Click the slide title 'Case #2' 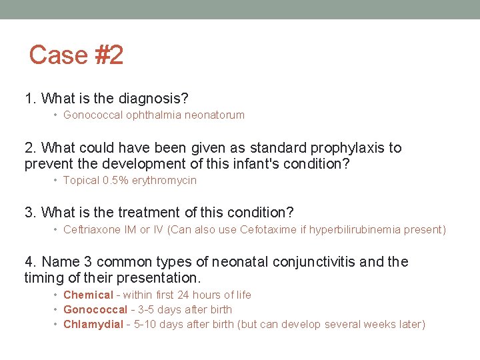click(76, 55)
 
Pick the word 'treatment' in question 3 click(149, 213)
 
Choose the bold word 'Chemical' click(88, 295)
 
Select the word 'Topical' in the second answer click(81, 180)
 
